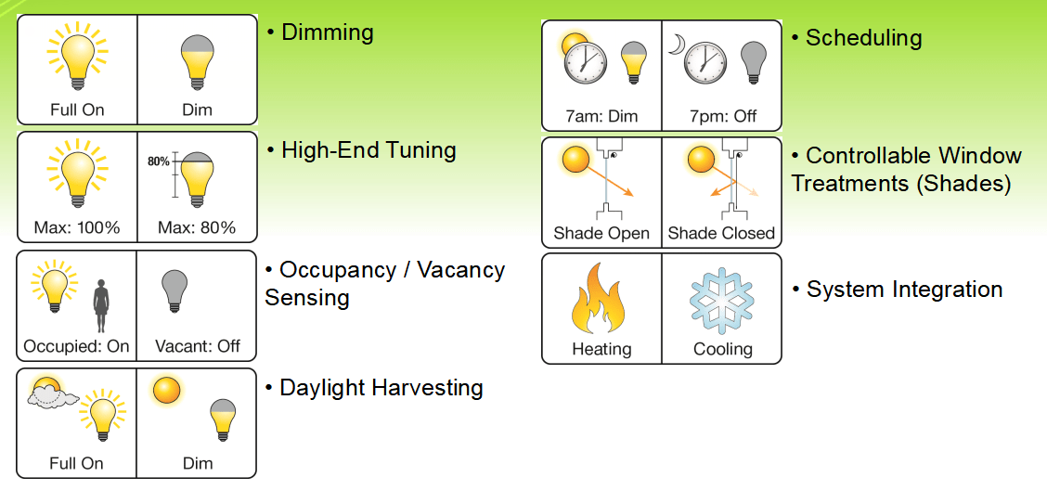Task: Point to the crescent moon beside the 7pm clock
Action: [x=678, y=44]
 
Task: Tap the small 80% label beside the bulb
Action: [x=158, y=161]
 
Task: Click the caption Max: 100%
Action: [x=77, y=227]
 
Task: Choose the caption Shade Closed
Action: [x=721, y=233]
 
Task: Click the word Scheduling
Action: [x=863, y=37]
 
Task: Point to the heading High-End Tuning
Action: [x=368, y=150]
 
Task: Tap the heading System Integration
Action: [x=905, y=290]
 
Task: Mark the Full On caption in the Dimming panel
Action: [x=77, y=110]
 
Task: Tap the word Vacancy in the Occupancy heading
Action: [x=460, y=270]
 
